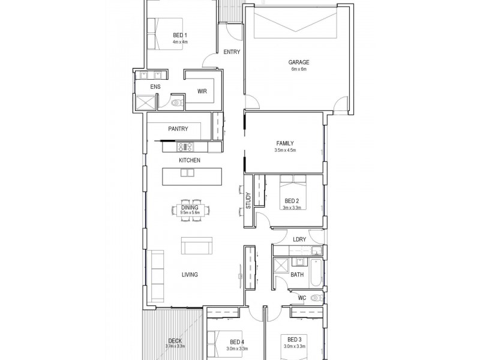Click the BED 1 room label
pyautogui.click(x=180, y=35)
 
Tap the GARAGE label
pyautogui.click(x=299, y=62)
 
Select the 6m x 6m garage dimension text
pyautogui.click(x=299, y=69)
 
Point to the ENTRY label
pyautogui.click(x=232, y=52)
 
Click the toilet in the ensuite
pyautogui.click(x=177, y=103)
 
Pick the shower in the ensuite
pyautogui.click(x=145, y=102)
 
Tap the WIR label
pyautogui.click(x=202, y=91)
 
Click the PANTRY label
pyautogui.click(x=178, y=129)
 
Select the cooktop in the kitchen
pyautogui.click(x=185, y=146)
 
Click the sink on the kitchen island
pyautogui.click(x=187, y=173)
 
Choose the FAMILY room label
pyautogui.click(x=285, y=143)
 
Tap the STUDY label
pyautogui.click(x=248, y=200)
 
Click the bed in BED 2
pyautogui.click(x=293, y=192)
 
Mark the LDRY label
pyautogui.click(x=299, y=239)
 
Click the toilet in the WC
pyautogui.click(x=316, y=298)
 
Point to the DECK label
pyautogui.click(x=175, y=341)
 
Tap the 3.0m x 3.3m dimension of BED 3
pyautogui.click(x=295, y=347)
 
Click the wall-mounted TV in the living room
pyautogui.click(x=241, y=277)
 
